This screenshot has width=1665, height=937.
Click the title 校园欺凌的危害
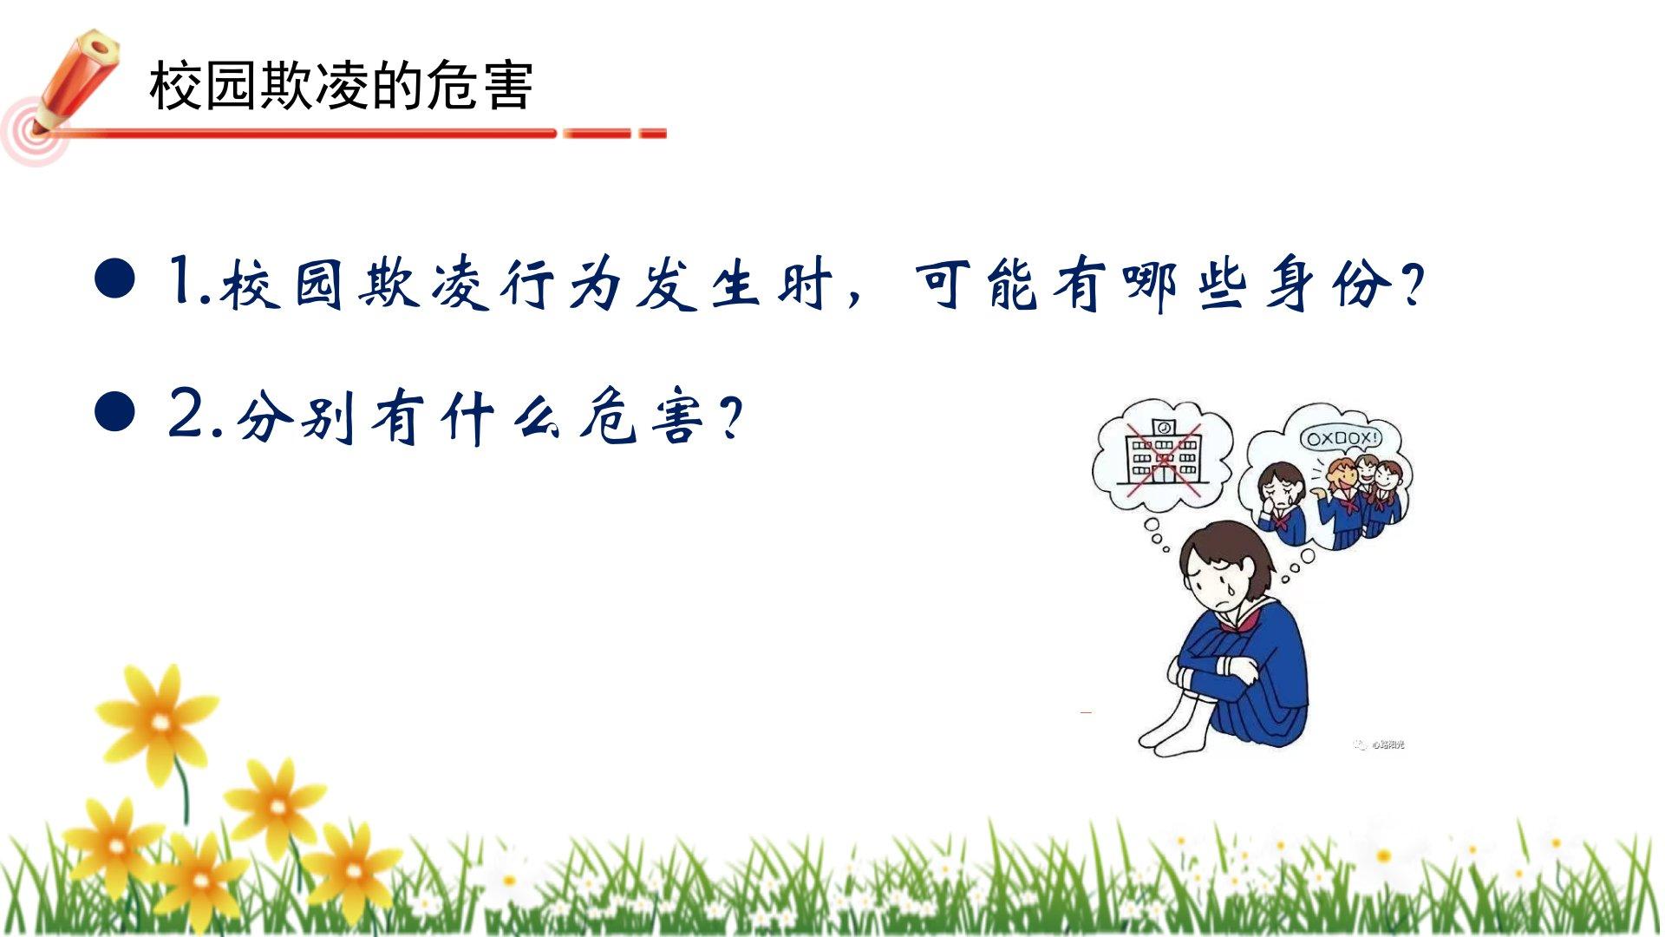pos(341,85)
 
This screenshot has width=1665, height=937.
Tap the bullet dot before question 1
pos(114,278)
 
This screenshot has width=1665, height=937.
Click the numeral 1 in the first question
pos(183,279)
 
